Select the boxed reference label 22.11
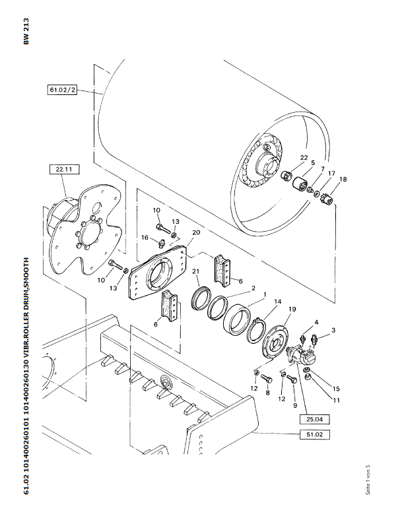click(63, 170)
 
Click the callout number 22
click(304, 158)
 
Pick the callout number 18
click(342, 179)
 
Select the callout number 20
click(195, 232)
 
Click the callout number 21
click(195, 272)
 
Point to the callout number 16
click(143, 238)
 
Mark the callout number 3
click(333, 329)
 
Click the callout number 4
click(316, 322)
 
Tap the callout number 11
click(336, 400)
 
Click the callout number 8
click(267, 393)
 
